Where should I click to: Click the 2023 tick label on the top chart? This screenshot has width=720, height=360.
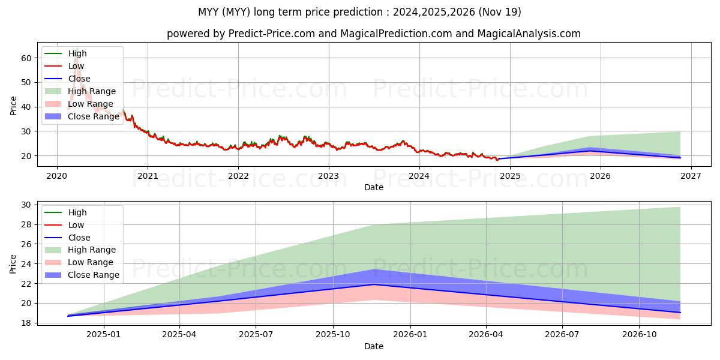pos(328,176)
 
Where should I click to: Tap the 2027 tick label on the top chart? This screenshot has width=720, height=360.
pos(691,176)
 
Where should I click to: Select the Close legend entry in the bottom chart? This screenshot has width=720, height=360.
pos(79,238)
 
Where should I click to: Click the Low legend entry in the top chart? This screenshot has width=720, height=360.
pos(76,66)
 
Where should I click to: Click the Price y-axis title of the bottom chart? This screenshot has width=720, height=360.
pos(13,263)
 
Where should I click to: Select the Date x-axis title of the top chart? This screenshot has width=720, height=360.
pos(373,187)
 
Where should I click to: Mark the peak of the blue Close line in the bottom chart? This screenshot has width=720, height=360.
pos(373,284)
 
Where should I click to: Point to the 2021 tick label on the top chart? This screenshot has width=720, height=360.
pos(148,176)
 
